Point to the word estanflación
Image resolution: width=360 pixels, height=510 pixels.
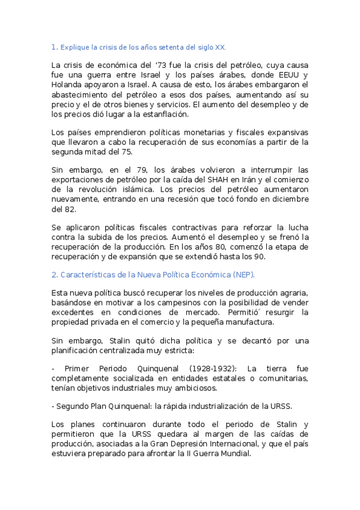[163, 114]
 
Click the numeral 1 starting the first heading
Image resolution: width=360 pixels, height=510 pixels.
[53, 46]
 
